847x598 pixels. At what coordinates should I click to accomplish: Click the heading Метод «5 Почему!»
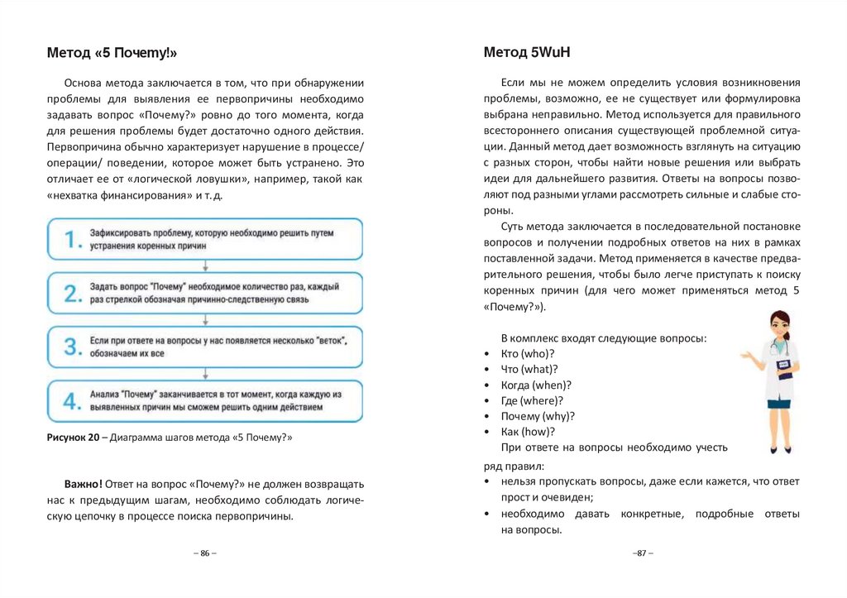[112, 54]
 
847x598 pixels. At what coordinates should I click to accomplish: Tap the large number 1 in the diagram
[73, 239]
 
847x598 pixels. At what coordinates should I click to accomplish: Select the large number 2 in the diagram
[73, 293]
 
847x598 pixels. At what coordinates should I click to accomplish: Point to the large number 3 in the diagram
[73, 347]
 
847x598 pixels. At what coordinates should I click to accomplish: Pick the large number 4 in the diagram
[73, 401]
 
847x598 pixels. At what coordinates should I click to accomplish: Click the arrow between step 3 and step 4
[204, 374]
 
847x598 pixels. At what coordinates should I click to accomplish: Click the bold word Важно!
[84, 484]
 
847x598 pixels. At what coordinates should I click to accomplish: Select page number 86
[204, 553]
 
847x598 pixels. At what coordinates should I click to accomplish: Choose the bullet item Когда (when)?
[536, 385]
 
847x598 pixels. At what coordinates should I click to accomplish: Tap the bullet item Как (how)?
[528, 432]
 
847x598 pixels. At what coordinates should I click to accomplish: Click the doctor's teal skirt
[779, 404]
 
